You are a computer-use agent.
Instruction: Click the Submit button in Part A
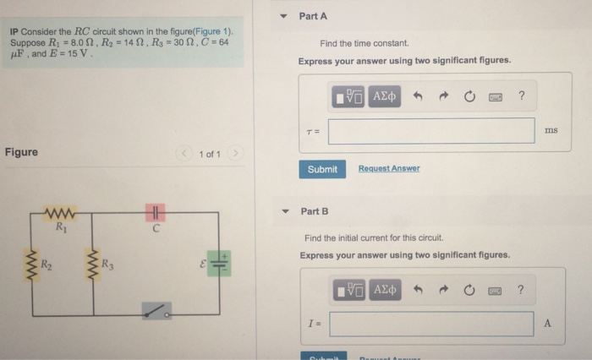tap(322, 169)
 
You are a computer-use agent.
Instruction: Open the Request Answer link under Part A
tap(388, 169)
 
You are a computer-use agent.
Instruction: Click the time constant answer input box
tap(431, 131)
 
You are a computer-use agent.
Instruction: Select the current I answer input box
tap(431, 324)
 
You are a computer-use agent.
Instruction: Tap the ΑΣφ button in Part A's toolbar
tap(386, 96)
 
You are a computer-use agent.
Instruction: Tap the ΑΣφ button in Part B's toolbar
tap(386, 290)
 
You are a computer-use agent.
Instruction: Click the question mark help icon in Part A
tap(522, 96)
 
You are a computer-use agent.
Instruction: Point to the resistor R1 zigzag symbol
tap(61, 212)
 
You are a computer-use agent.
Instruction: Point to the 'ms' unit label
tap(551, 130)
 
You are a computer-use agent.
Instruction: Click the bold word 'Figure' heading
tap(21, 152)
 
